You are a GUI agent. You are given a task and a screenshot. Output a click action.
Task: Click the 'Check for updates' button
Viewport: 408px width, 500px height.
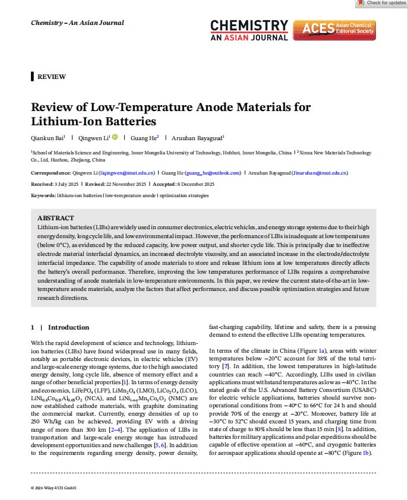(381, 3)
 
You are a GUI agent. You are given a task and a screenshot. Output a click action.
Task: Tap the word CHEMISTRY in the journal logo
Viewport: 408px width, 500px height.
(249, 26)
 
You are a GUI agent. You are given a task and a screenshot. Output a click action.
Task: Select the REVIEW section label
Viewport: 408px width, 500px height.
(51, 77)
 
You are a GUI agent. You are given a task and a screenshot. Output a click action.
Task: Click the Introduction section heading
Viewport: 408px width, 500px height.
(68, 327)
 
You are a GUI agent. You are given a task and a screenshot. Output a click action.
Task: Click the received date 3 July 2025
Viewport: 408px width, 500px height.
(67, 184)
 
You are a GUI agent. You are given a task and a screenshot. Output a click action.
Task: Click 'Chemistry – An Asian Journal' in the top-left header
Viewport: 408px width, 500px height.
(77, 23)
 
